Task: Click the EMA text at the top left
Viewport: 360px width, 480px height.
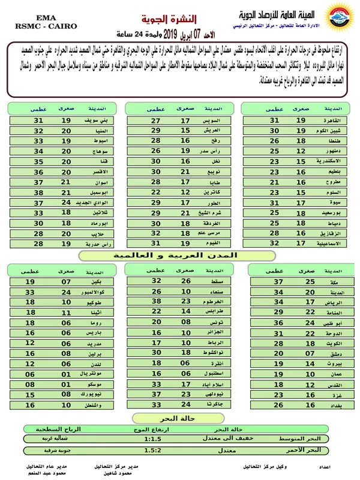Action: tap(37, 19)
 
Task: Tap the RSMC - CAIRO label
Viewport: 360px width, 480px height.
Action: tap(37, 26)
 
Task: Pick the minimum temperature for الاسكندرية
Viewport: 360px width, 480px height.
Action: tap(301, 161)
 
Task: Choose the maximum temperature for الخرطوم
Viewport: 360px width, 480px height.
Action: tap(157, 301)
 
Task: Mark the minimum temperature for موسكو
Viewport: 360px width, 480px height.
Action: tap(66, 384)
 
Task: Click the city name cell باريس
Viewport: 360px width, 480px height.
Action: tap(91, 332)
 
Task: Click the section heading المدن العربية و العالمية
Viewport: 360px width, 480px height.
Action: tap(176, 256)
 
